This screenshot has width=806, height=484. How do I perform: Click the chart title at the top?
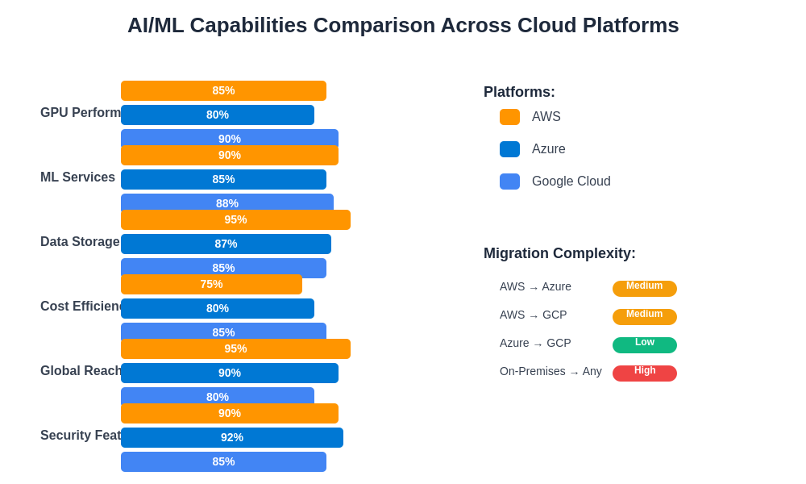(x=403, y=25)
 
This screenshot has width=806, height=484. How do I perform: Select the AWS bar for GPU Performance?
(x=223, y=90)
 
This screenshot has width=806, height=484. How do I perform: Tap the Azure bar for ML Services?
(x=223, y=179)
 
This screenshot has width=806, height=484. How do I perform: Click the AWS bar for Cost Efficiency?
(x=211, y=284)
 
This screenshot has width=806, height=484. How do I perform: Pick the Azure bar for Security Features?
(x=232, y=437)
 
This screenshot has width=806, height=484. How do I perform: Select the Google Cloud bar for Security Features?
(x=223, y=461)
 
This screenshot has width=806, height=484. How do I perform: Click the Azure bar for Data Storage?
(x=226, y=244)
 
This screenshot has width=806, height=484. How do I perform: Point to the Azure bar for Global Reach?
(x=230, y=373)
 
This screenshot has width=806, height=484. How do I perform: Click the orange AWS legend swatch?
(x=509, y=117)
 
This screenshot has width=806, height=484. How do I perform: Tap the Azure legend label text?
(x=548, y=149)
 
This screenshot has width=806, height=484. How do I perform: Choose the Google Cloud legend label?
(x=571, y=181)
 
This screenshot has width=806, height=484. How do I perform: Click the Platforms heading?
(x=519, y=92)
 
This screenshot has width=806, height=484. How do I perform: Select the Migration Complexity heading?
(x=559, y=253)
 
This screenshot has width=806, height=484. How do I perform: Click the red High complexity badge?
(x=645, y=373)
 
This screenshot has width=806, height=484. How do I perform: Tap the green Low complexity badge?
(x=645, y=344)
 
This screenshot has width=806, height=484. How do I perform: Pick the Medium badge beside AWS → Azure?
(x=645, y=288)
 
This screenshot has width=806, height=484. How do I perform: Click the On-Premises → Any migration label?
(x=550, y=371)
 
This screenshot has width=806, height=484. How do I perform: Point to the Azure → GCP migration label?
(x=535, y=343)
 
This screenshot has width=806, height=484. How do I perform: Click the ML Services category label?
(x=77, y=177)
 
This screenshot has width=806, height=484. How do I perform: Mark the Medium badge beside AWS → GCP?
(x=645, y=316)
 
